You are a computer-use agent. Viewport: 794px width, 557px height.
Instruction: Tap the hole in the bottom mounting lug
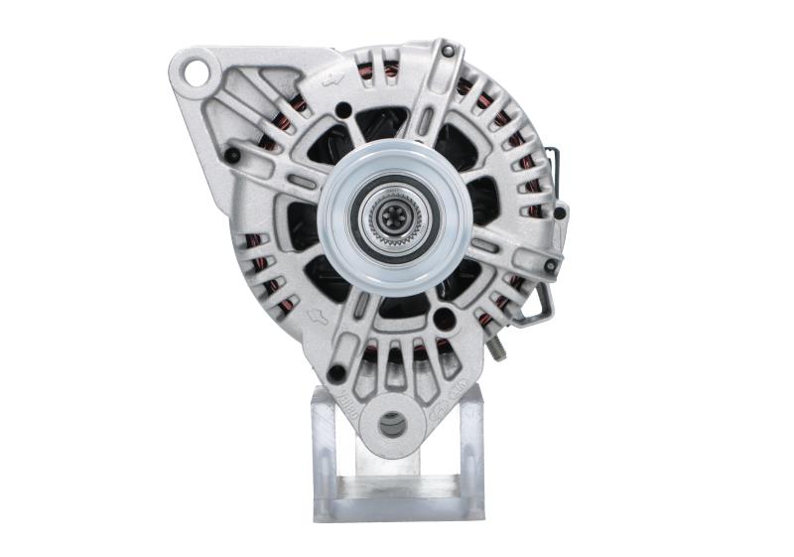pyautogui.click(x=392, y=425)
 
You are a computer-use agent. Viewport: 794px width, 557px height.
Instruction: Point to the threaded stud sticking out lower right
pyautogui.click(x=495, y=348)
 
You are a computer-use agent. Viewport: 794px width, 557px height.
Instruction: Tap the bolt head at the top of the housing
pyautogui.click(x=449, y=50)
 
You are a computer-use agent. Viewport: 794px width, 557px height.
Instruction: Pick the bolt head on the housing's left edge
pyautogui.click(x=232, y=156)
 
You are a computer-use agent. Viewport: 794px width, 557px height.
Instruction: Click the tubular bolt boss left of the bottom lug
pyautogui.click(x=337, y=374)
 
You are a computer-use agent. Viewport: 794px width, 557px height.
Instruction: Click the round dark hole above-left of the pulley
pyautogui.click(x=342, y=110)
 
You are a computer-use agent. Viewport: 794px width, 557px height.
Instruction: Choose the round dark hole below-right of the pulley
pyautogui.click(x=445, y=320)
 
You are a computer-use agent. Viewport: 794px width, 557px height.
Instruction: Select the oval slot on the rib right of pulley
pyautogui.click(x=486, y=245)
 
